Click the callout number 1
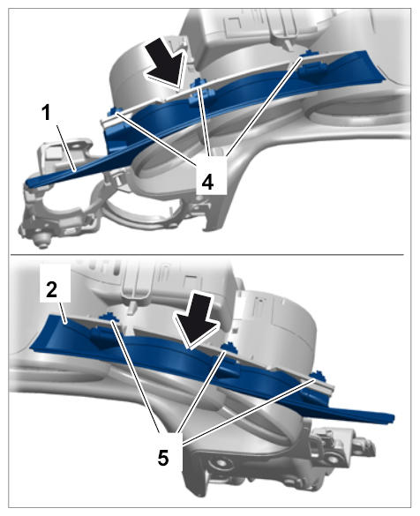(x=47, y=113)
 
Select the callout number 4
(x=207, y=182)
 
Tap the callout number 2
(x=52, y=289)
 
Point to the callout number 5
(x=163, y=458)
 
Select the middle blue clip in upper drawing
(x=199, y=92)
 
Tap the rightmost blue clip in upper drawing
(x=311, y=66)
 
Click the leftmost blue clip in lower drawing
(x=108, y=317)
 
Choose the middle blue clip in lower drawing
(x=228, y=347)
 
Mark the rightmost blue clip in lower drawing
(x=318, y=376)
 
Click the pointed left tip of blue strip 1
(x=27, y=182)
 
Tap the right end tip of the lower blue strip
(x=393, y=419)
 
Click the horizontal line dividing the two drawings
(x=207, y=254)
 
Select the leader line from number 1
(x=66, y=148)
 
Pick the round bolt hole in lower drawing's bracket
(x=218, y=463)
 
